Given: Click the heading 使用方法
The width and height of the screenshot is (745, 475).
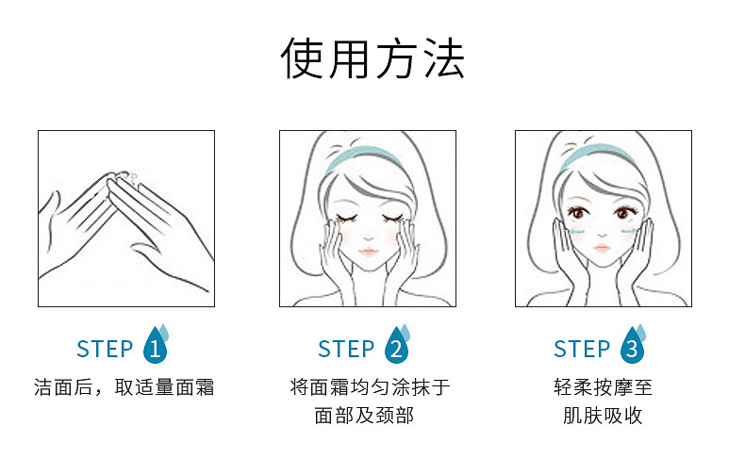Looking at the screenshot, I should [x=372, y=58].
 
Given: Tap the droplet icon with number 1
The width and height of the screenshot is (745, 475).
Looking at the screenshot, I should [x=156, y=347].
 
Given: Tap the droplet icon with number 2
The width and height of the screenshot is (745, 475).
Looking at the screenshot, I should [x=397, y=347].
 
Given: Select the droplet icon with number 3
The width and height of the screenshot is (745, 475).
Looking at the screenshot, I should [x=632, y=347].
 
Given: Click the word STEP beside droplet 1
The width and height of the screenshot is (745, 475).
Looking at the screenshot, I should [x=105, y=349].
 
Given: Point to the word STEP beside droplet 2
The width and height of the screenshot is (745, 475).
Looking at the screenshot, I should [x=346, y=349].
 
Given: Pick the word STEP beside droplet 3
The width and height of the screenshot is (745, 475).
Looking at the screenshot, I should [x=582, y=349].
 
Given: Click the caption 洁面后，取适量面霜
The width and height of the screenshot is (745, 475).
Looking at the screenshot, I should [x=124, y=387].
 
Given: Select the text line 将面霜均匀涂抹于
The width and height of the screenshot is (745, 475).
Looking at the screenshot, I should [x=370, y=387].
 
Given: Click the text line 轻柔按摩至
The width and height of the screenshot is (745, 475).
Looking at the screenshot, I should [x=603, y=387].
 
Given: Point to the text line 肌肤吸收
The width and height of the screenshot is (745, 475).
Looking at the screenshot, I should [x=603, y=416].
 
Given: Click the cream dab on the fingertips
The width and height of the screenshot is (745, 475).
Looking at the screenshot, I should [x=128, y=177].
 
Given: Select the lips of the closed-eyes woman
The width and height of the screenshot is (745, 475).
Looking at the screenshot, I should [x=369, y=253].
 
